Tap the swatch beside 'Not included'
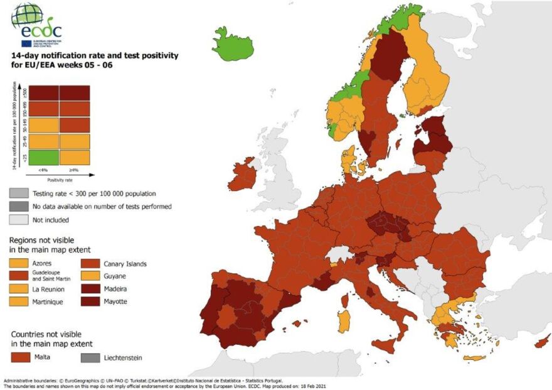(x=18, y=220)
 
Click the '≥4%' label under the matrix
(x=75, y=170)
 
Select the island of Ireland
(x=242, y=176)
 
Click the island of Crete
(x=474, y=359)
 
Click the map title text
(x=94, y=60)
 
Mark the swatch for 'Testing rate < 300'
(x=18, y=193)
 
